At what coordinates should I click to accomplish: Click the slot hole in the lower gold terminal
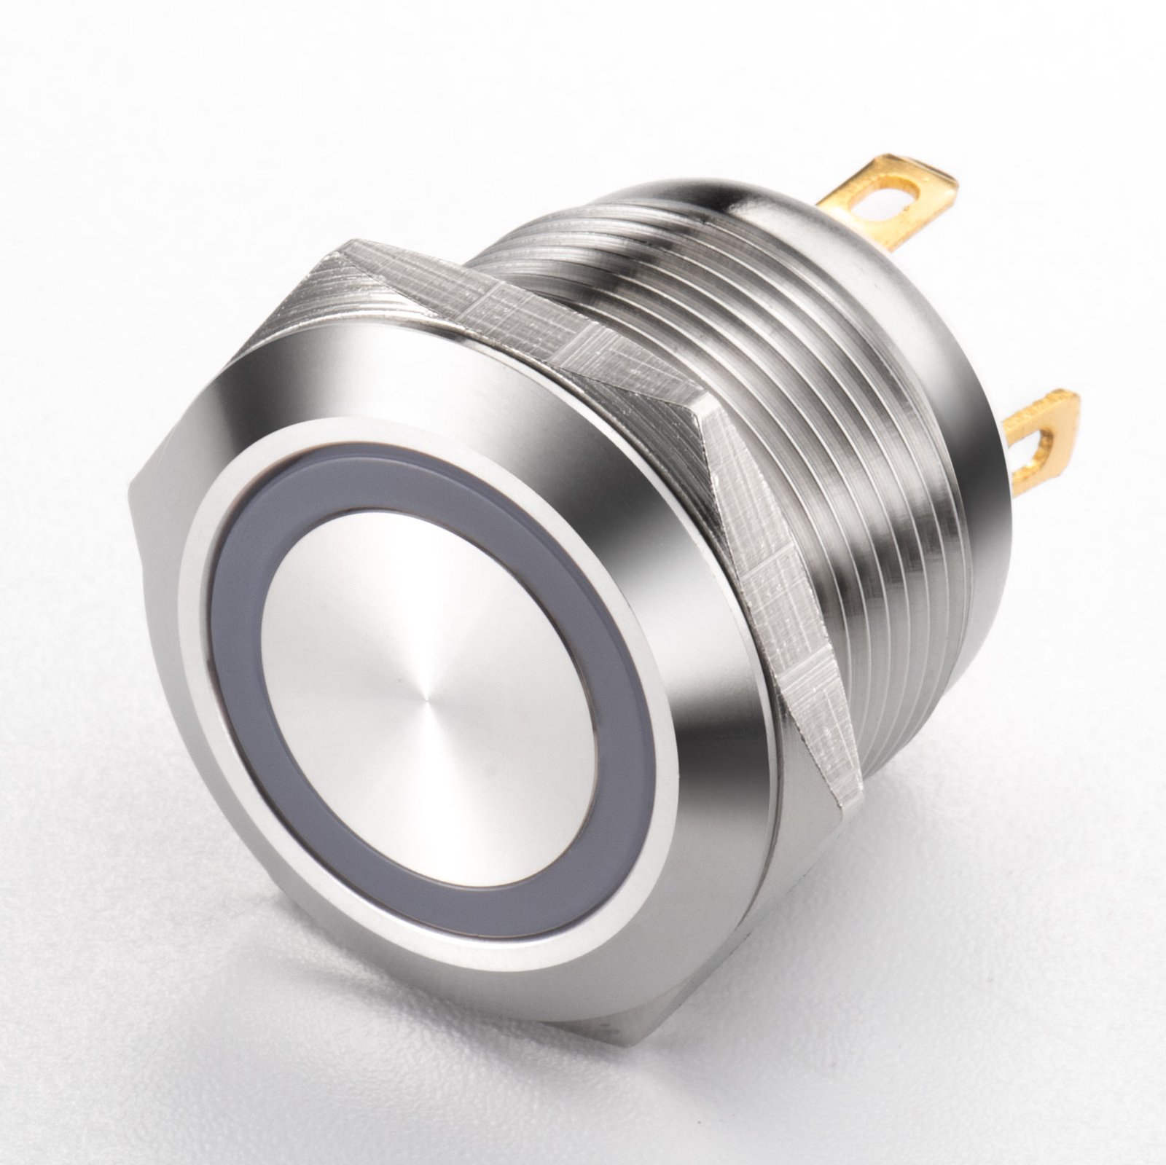(1038, 442)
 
